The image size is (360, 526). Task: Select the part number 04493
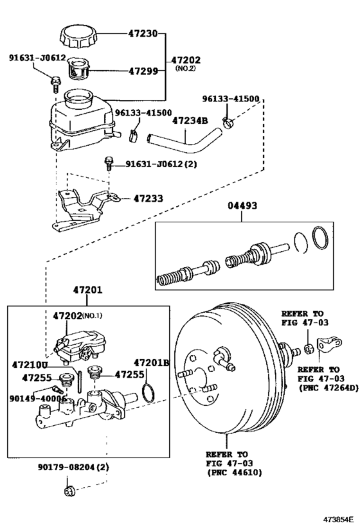[x=242, y=207]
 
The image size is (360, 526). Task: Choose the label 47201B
[x=151, y=363]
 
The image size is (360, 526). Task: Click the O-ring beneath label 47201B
[x=148, y=392]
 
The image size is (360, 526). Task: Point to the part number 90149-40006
[x=38, y=398]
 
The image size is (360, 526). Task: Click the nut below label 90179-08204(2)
[x=69, y=492]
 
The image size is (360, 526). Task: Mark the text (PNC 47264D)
[x=326, y=388]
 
